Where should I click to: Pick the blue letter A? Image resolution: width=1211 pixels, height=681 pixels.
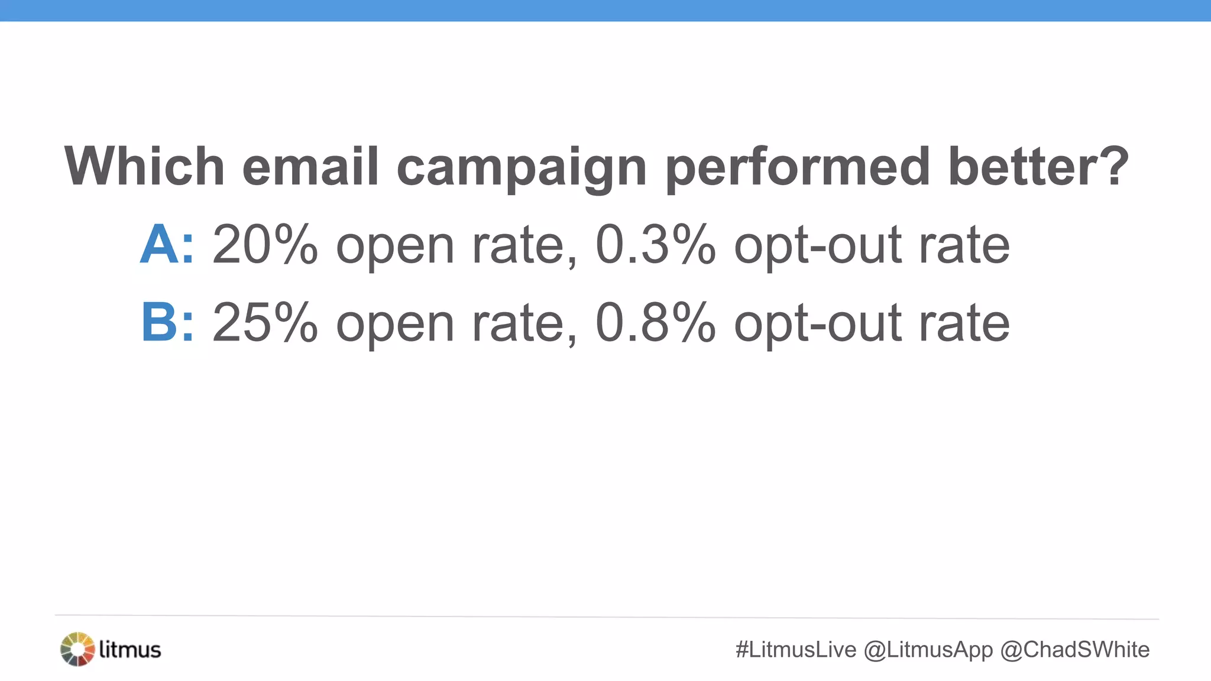tap(158, 244)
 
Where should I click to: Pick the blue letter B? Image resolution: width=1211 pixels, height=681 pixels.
tap(158, 322)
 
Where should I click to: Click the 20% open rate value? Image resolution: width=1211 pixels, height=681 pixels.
tap(265, 244)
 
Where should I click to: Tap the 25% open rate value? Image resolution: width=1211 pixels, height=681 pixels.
tap(265, 322)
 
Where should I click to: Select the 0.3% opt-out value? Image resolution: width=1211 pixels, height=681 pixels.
tap(655, 244)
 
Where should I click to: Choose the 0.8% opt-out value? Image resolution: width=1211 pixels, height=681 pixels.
tap(655, 322)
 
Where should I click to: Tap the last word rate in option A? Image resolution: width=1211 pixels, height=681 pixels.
tap(964, 245)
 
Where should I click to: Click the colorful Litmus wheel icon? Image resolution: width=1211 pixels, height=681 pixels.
tap(77, 649)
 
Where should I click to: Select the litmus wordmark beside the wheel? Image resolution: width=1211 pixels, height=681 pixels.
tap(130, 649)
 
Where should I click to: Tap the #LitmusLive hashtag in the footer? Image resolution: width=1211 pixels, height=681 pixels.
tap(795, 650)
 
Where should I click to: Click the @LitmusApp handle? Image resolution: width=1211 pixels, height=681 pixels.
tap(928, 650)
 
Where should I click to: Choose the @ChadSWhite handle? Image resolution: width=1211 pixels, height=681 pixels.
tap(1074, 650)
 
